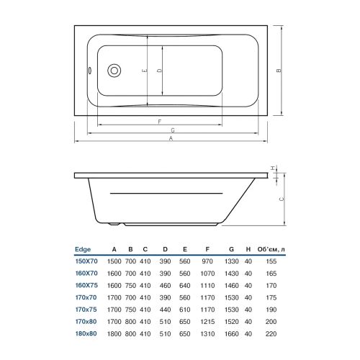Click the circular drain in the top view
click(114, 71)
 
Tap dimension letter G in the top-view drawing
click(173, 130)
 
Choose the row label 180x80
click(86, 335)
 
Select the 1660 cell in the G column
click(231, 335)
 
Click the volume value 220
click(271, 335)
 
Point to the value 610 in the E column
click(185, 311)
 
